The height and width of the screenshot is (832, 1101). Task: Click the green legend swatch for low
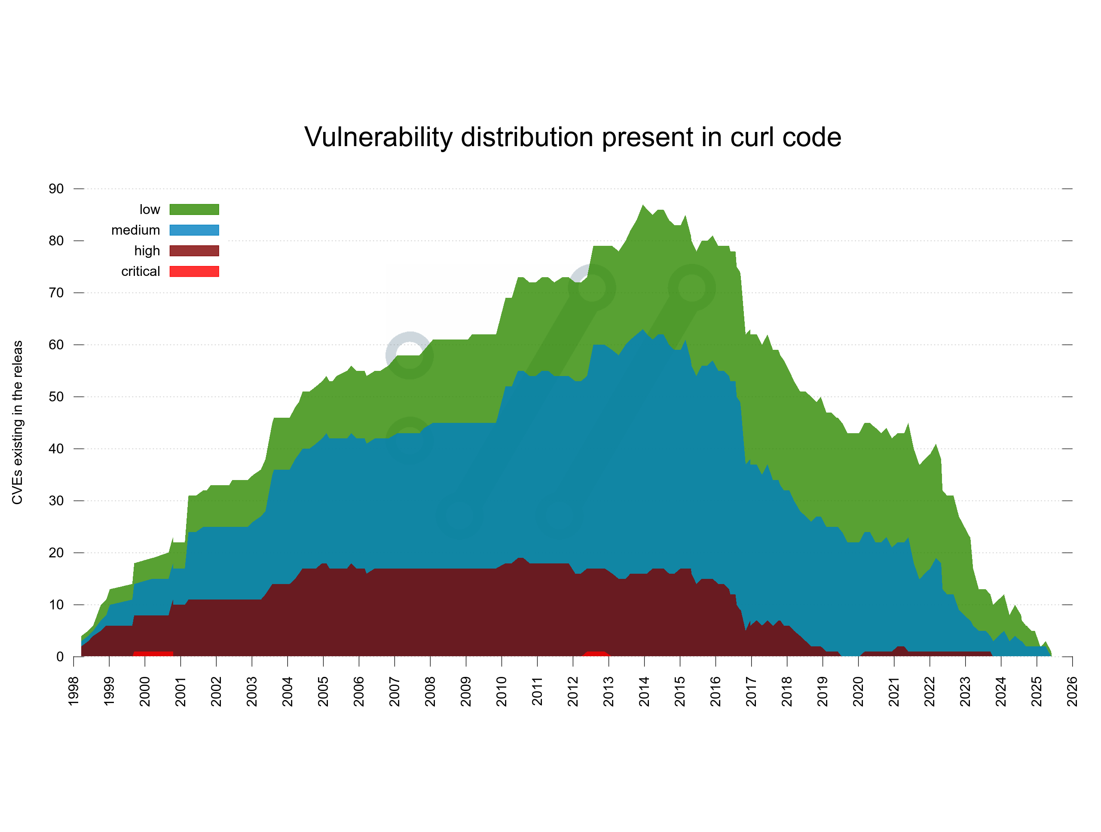pyautogui.click(x=194, y=209)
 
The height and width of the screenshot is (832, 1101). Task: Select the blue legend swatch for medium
pyautogui.click(x=194, y=230)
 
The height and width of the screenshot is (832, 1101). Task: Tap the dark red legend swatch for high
pyautogui.click(x=194, y=251)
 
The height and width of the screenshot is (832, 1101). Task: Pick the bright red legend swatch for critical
pyautogui.click(x=194, y=271)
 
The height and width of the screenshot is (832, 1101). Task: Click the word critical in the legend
pyautogui.click(x=141, y=271)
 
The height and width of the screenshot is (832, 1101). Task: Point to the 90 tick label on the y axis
pyautogui.click(x=56, y=189)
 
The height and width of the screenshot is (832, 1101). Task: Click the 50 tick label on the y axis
pyautogui.click(x=56, y=397)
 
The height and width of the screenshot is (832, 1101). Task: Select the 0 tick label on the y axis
pyautogui.click(x=60, y=657)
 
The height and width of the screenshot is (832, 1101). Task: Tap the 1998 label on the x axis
pyautogui.click(x=73, y=691)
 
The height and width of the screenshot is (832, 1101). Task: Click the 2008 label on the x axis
pyautogui.click(x=430, y=691)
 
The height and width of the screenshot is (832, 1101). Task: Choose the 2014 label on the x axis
pyautogui.click(x=644, y=691)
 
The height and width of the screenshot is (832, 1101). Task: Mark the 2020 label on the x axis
pyautogui.click(x=858, y=691)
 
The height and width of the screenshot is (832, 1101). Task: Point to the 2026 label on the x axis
pyautogui.click(x=1072, y=691)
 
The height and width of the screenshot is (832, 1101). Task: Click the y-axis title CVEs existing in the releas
pyautogui.click(x=18, y=422)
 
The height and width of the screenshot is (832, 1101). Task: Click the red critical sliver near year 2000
pyautogui.click(x=153, y=654)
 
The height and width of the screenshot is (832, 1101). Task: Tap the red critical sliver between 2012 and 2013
pyautogui.click(x=596, y=654)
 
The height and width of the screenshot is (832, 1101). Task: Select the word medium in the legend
pyautogui.click(x=135, y=230)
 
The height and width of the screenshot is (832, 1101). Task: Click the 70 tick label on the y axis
pyautogui.click(x=56, y=293)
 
